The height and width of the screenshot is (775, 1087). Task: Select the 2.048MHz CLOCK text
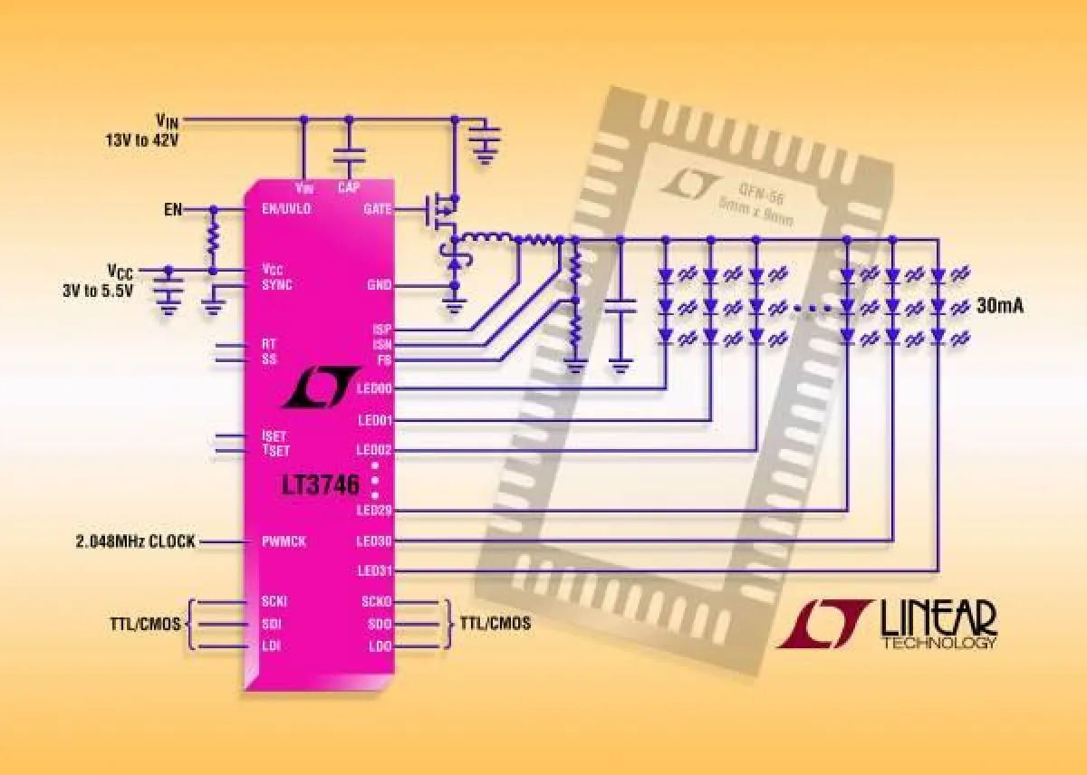(x=134, y=541)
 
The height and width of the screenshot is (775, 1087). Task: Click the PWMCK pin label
(x=284, y=541)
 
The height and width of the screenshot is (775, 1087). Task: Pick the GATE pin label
(x=377, y=208)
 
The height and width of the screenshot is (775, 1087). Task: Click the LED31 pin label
(x=374, y=571)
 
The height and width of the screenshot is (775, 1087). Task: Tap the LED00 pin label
(x=374, y=389)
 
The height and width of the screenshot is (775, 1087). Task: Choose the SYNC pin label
(x=277, y=284)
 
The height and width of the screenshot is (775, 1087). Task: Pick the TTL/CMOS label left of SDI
(x=146, y=624)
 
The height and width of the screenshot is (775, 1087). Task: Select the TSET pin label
(x=274, y=450)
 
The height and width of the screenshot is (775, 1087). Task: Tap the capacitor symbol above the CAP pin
(x=349, y=157)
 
